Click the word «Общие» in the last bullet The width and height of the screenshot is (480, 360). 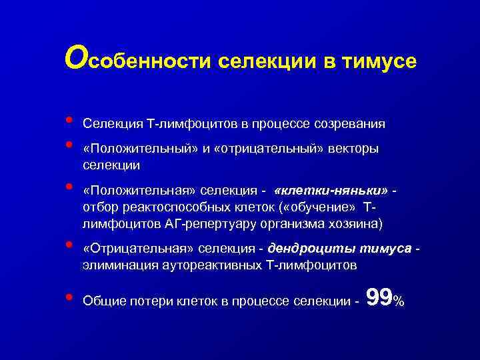pos(100,301)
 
